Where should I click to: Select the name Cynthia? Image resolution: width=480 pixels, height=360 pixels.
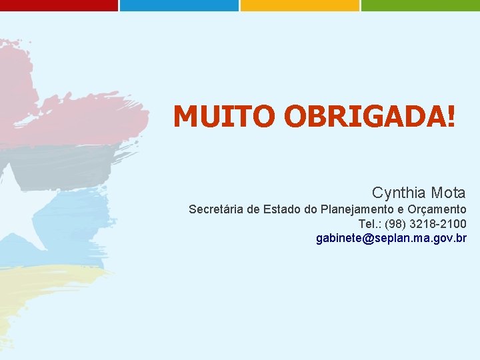click(399, 193)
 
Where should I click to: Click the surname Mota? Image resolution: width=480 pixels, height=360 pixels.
click(448, 193)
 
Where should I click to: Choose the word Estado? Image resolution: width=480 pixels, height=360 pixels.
click(282, 209)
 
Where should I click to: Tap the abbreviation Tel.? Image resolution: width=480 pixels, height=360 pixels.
click(369, 223)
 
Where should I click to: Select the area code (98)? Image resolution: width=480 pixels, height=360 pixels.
click(395, 223)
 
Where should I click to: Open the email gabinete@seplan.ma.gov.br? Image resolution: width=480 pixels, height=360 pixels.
click(391, 238)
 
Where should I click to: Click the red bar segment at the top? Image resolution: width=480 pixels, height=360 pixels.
click(59, 5)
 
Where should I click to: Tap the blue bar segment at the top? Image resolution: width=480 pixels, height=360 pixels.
click(179, 5)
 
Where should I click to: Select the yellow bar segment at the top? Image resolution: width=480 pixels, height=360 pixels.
click(299, 5)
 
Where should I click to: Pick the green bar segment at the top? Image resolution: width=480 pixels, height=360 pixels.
click(420, 5)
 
